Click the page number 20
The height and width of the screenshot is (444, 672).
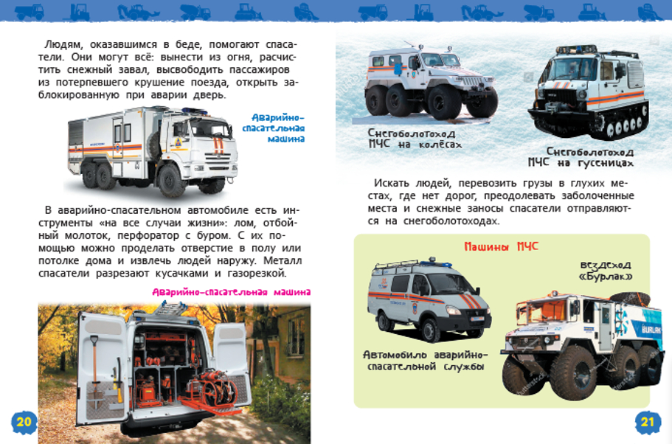pyautogui.click(x=24, y=422)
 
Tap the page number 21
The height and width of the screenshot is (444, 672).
pyautogui.click(x=647, y=422)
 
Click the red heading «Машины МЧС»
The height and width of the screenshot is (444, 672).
pyautogui.click(x=502, y=246)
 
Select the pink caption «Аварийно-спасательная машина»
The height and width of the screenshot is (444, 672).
pyautogui.click(x=232, y=292)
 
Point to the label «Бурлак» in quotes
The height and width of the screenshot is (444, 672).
pyautogui.click(x=606, y=277)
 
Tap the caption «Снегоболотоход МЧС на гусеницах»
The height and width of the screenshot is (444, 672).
pyautogui.click(x=581, y=157)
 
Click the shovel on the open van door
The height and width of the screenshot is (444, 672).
pyautogui.click(x=94, y=370)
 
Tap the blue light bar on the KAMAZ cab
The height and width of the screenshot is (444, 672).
pyautogui.click(x=195, y=111)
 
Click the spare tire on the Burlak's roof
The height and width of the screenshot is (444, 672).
pyautogui.click(x=629, y=298)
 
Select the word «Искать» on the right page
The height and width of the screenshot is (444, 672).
pyautogui.click(x=391, y=184)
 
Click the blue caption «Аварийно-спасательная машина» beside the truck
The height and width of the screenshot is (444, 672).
pyautogui.click(x=274, y=128)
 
